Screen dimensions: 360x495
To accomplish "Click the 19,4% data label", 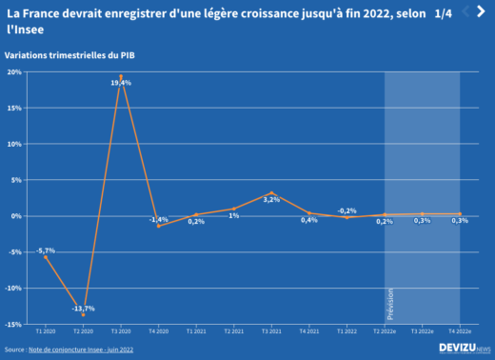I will click(x=121, y=84).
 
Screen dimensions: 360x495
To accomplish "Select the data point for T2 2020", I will click(x=83, y=314).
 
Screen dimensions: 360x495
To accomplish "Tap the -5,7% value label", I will click(x=45, y=250).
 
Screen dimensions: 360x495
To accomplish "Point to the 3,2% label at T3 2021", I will click(x=271, y=200).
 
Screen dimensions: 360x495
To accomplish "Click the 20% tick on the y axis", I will click(x=15, y=71).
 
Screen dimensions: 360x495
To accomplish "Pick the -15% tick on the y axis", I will click(x=15, y=324).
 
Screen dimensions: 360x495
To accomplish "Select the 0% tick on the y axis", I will click(x=17, y=216).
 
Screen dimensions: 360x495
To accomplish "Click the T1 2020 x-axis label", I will click(x=45, y=331).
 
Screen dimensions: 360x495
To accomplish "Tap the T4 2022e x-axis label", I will click(x=460, y=331).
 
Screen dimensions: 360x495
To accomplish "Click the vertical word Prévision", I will click(x=389, y=305).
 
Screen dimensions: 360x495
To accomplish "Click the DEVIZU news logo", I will click(x=465, y=349).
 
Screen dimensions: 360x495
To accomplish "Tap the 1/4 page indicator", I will click(x=444, y=12).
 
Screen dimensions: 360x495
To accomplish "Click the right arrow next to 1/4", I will click(x=485, y=11).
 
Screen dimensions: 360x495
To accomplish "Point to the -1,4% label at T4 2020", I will click(x=158, y=220).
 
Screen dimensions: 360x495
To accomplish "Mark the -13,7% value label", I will click(x=83, y=308).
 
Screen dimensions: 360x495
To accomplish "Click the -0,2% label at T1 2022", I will click(x=347, y=210).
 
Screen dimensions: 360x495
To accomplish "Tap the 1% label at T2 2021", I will click(x=233, y=215).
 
